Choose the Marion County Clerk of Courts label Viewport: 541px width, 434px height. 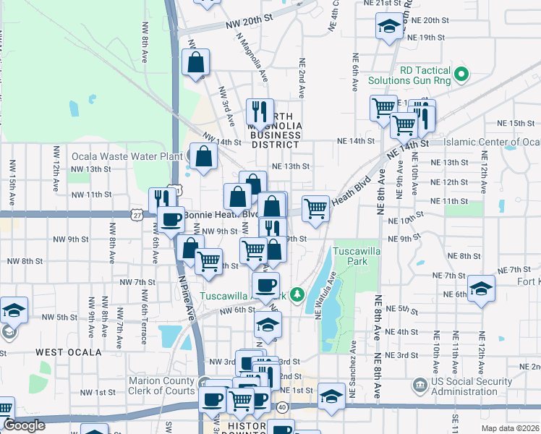click(x=163, y=386)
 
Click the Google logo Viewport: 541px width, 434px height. click(x=23, y=425)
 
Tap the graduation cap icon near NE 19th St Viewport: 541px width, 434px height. click(x=389, y=27)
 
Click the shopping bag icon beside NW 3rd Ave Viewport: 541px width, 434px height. click(x=196, y=63)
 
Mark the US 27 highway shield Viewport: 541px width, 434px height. click(x=136, y=215)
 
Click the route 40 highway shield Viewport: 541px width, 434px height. click(x=282, y=408)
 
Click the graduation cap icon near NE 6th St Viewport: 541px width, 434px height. click(x=481, y=289)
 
